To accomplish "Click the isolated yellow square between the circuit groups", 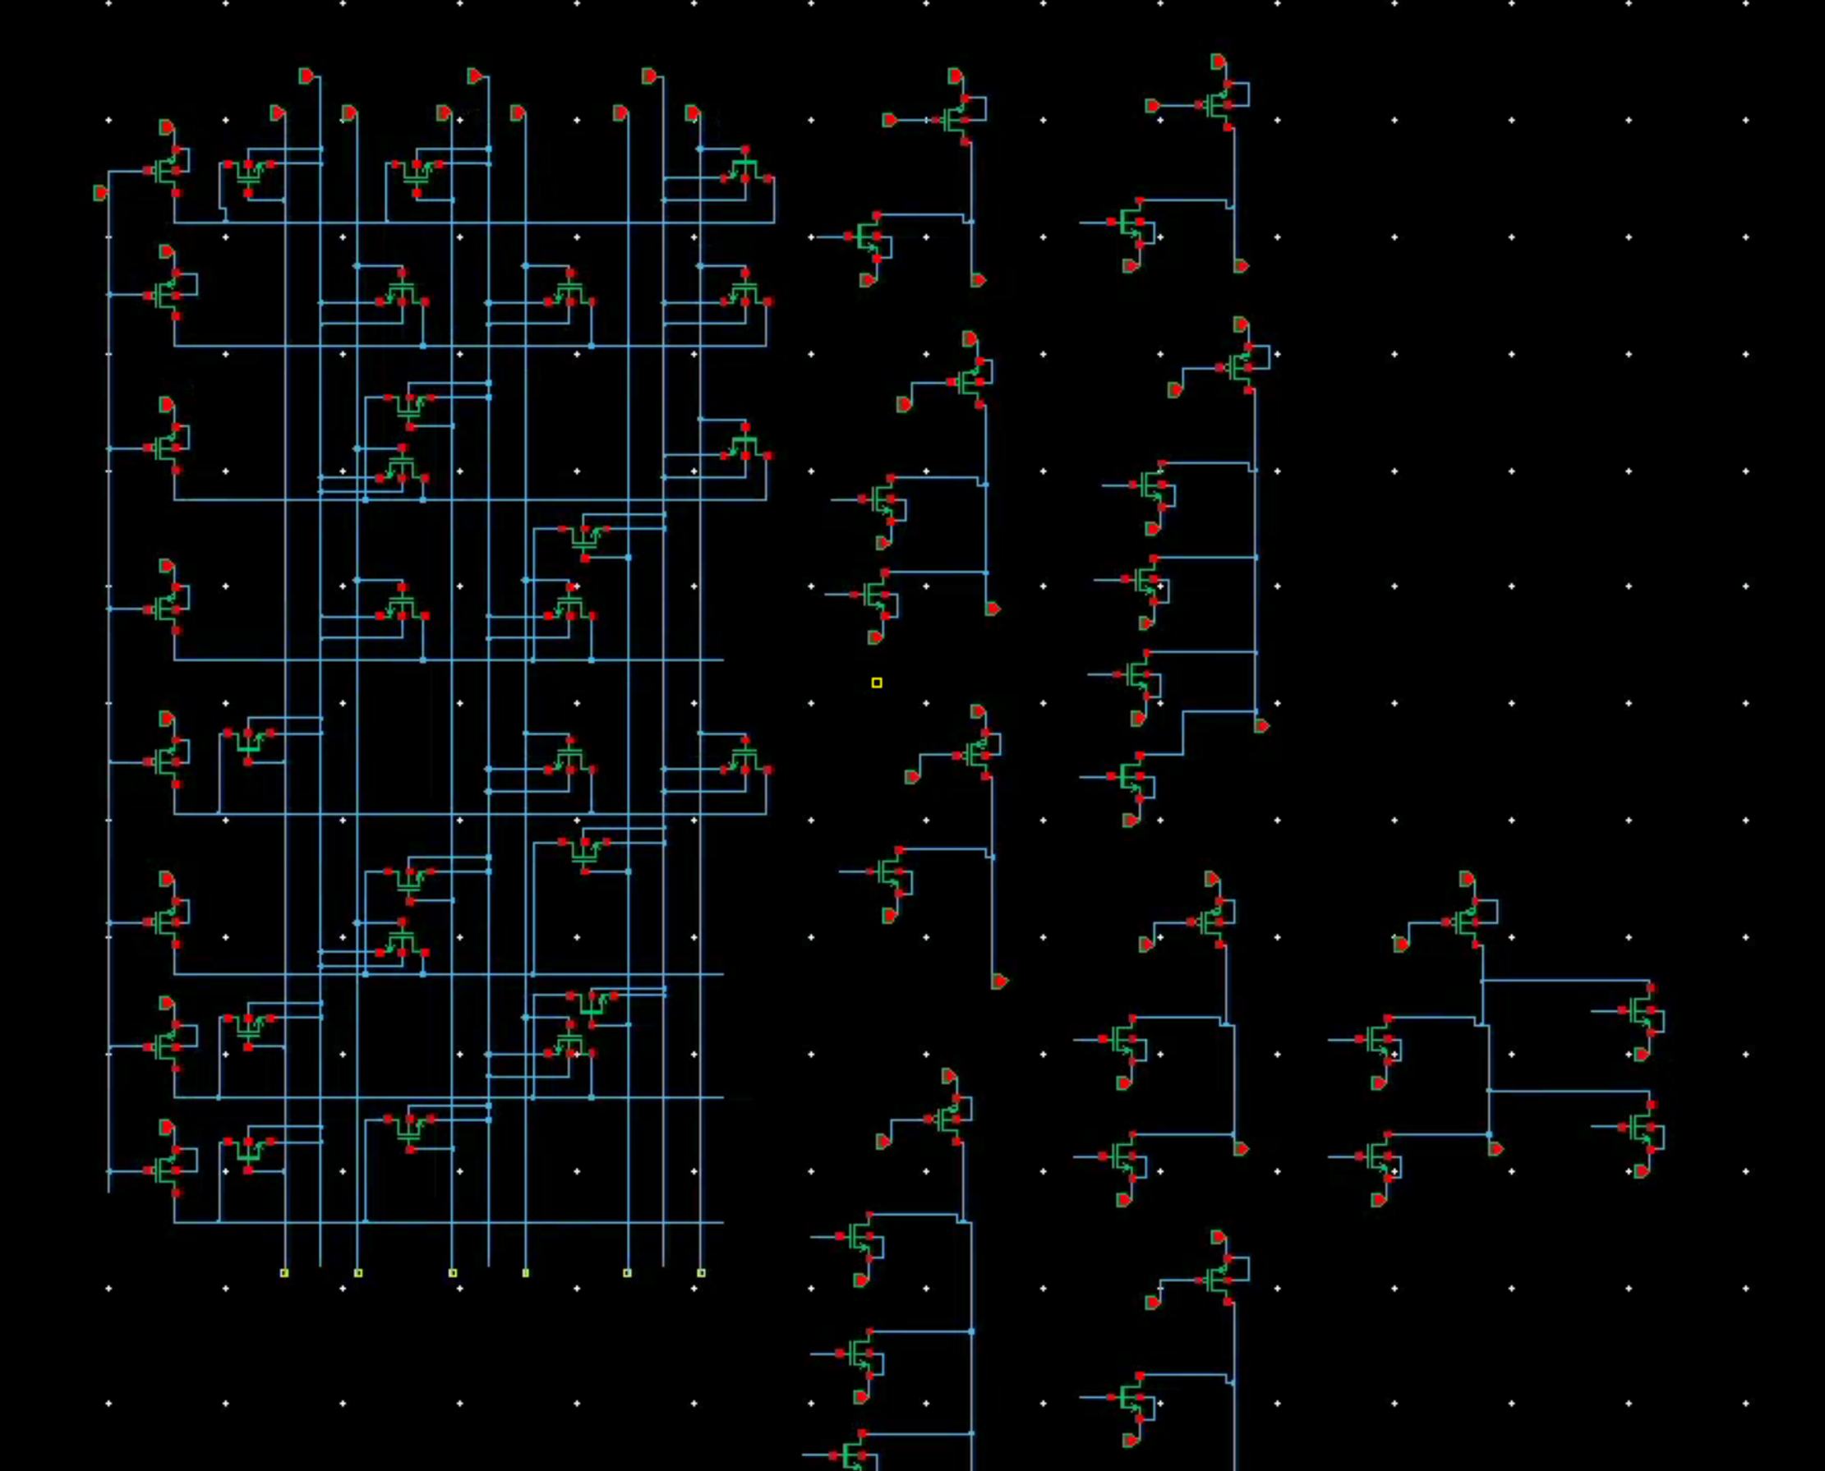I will pos(877,683).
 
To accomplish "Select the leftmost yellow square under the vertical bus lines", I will pos(284,1273).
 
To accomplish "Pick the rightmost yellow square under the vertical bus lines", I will pos(701,1273).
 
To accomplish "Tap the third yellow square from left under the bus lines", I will pos(453,1273).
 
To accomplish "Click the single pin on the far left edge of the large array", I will pos(100,193).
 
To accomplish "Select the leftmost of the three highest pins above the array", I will pos(306,76).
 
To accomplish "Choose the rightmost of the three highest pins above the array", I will pos(649,76).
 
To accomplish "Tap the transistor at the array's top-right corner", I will pos(745,168).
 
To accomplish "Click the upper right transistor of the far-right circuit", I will pos(1643,1010).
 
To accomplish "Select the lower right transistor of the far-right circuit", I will pos(1643,1127).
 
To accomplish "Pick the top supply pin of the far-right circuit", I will pos(1468,880).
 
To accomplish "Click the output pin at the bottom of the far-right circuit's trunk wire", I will pos(1496,1149).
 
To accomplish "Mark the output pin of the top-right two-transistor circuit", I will pos(1241,266).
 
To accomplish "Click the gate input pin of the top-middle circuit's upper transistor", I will pos(890,120).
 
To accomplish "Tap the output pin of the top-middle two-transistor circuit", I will pos(978,279).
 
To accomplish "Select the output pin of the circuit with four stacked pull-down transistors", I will pos(1261,725).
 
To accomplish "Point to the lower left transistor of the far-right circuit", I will pos(1378,1156).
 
